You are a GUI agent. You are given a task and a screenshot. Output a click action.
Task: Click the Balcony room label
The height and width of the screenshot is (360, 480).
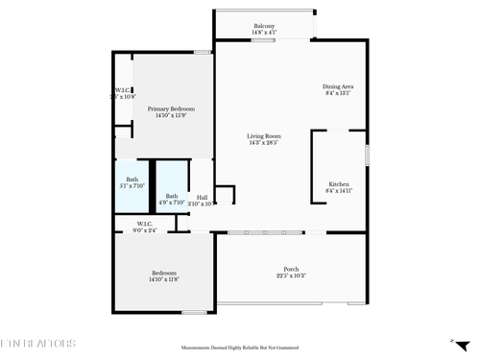[264, 26]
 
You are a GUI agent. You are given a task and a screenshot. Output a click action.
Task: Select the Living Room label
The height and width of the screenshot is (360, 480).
[264, 136]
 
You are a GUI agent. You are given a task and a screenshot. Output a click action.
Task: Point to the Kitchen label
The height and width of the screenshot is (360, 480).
[339, 183]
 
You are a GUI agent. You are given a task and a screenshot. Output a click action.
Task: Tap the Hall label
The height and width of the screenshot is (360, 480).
[201, 197]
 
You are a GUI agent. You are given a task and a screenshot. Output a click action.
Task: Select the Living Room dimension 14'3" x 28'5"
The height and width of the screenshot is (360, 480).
[264, 144]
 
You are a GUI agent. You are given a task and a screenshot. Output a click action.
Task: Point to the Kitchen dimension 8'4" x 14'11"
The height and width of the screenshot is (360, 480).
[339, 191]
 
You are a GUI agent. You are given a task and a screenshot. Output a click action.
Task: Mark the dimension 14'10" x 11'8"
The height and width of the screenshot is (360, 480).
[164, 279]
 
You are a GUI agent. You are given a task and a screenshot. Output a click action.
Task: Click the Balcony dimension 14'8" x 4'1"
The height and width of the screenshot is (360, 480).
[264, 34]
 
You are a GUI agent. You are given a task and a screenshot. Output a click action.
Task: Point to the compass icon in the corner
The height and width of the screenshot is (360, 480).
[452, 340]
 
